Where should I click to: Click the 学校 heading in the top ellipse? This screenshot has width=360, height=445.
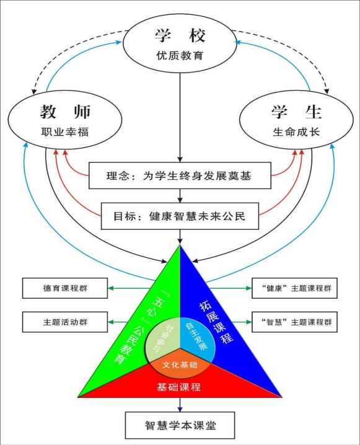pos(180,35)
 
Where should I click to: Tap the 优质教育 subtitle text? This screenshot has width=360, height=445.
pos(180,55)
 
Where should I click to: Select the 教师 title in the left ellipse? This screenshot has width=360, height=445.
pos(65,112)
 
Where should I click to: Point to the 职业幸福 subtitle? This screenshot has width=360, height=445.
pos(65,132)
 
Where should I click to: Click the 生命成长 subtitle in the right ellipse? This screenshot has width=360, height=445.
pos(296,132)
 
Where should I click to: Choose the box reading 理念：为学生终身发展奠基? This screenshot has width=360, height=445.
pos(180,175)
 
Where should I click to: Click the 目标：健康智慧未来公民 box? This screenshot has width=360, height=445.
pos(180,216)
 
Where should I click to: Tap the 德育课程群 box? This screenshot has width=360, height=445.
pos(65,288)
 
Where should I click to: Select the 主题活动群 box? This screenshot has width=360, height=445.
pos(65,322)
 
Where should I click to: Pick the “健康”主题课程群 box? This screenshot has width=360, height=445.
pos(295,288)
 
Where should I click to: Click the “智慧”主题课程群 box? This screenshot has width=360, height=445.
pos(295,322)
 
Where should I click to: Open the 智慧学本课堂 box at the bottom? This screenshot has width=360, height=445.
pos(180,425)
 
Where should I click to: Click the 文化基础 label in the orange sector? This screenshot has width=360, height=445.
pos(180,364)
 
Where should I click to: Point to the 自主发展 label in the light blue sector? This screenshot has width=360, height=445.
pos(196,337)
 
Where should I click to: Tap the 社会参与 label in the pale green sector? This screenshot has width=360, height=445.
pos(162,338)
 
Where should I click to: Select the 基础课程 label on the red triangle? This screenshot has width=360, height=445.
pos(178,387)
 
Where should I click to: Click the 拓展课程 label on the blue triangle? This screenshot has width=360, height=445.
pos(216,322)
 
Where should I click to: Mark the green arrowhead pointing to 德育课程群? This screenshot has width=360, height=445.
pos(111,288)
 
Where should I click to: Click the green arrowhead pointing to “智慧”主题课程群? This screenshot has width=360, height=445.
pos(249,322)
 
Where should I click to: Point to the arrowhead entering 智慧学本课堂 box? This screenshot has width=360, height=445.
pos(180,409)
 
